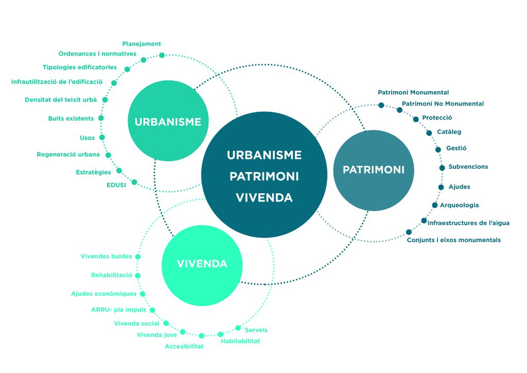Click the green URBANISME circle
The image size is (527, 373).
pyautogui.click(x=168, y=122)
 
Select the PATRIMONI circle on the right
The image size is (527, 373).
pyautogui.click(x=374, y=169)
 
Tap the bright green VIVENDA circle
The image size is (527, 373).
pyautogui.click(x=202, y=264)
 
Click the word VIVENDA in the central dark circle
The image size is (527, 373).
pyautogui.click(x=264, y=197)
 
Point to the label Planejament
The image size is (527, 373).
pyautogui.click(x=142, y=44)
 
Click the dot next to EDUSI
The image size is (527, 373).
pyautogui.click(x=134, y=182)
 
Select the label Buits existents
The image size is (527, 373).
pyautogui.click(x=71, y=118)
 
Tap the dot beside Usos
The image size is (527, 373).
pyautogui.click(x=102, y=138)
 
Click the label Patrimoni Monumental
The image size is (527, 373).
pyautogui.click(x=413, y=93)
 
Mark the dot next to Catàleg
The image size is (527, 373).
pyautogui.click(x=429, y=133)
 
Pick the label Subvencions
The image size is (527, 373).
pyautogui.click(x=468, y=167)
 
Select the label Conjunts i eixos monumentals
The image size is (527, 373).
pyautogui.click(x=453, y=240)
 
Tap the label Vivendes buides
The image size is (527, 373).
pyautogui.click(x=106, y=256)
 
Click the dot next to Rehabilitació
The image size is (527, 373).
pyautogui.click(x=138, y=276)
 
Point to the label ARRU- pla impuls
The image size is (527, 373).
pyautogui.click(x=118, y=310)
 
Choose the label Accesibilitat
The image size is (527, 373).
pyautogui.click(x=184, y=346)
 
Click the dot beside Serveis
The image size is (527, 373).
pyautogui.click(x=238, y=328)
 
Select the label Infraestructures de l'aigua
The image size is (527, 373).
pyautogui.click(x=468, y=223)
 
